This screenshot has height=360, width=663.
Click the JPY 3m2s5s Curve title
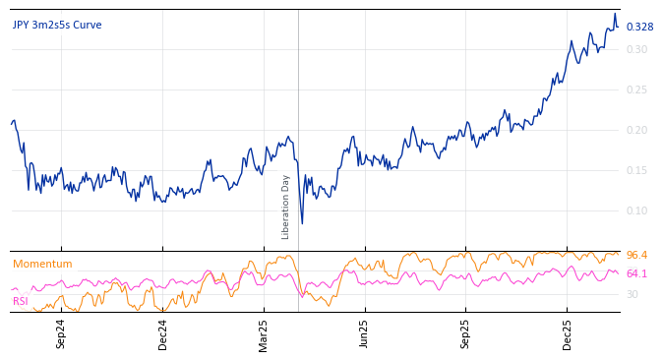(57, 26)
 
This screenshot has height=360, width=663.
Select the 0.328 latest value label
(639, 27)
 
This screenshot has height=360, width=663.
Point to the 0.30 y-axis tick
(637, 49)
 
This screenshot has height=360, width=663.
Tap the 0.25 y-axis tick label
(637, 90)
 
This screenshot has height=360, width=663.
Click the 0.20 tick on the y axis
(637, 130)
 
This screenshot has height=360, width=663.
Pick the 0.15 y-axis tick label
(637, 170)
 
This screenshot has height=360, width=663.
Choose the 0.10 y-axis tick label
(637, 210)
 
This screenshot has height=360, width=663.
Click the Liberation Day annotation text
(286, 207)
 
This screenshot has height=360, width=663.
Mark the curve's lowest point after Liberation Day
(302, 223)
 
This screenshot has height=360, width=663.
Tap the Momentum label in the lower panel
(42, 265)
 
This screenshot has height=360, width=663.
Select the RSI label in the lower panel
(21, 301)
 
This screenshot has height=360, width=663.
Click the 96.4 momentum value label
(636, 256)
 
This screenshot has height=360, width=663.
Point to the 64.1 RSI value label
(636, 273)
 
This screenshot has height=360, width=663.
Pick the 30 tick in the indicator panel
(633, 294)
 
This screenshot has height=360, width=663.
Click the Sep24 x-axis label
(61, 333)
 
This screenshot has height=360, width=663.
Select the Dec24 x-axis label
(163, 333)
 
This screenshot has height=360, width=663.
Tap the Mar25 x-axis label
(264, 333)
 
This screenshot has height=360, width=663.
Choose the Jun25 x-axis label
(364, 333)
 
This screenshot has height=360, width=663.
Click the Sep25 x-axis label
(465, 333)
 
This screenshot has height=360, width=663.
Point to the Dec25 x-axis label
(567, 333)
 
